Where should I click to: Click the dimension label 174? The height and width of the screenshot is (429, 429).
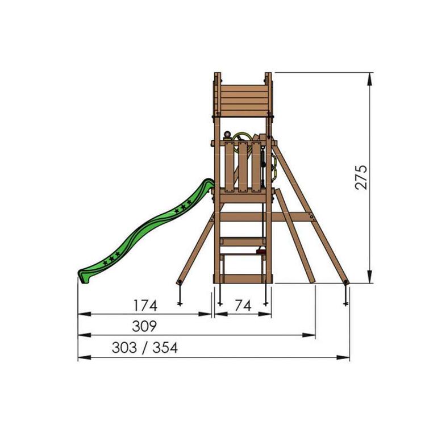point(145,305)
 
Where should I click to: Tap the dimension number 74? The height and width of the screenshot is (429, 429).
point(243,305)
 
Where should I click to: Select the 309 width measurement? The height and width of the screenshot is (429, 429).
point(144,327)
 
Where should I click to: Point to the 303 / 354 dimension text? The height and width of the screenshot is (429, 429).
point(144,348)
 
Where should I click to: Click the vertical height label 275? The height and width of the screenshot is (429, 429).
point(361,177)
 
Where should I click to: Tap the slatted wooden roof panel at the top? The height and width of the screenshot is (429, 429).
point(243,99)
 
